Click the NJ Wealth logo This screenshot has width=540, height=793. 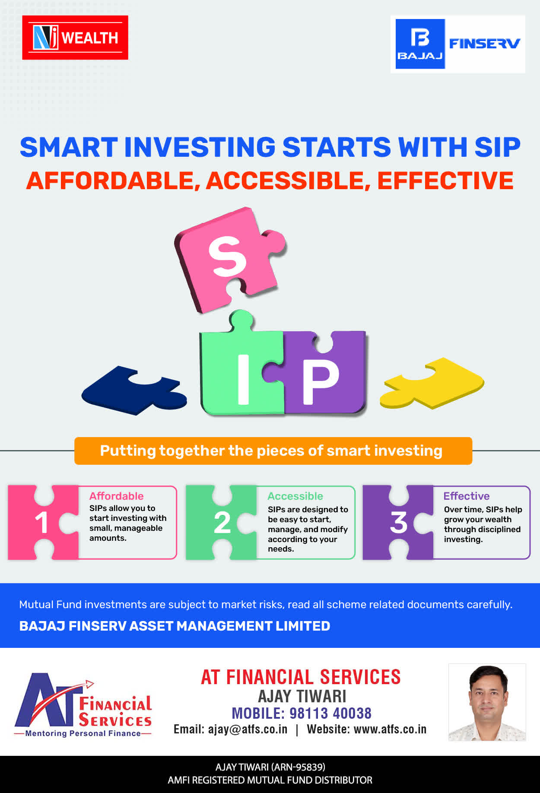pos(75,38)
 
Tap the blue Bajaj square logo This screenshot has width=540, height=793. pos(420,44)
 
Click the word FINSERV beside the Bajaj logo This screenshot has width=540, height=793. pos(484,43)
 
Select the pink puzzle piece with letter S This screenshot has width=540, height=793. pos(229,259)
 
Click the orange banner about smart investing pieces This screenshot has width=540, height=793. pos(273,451)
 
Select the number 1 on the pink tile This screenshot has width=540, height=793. pos(41,523)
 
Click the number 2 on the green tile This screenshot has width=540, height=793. pos(222,523)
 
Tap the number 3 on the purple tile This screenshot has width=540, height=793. pos(399,523)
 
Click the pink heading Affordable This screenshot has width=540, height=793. pos(116,496)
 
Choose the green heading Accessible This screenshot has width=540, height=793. pos(295,496)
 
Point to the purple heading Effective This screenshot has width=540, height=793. pos(467,496)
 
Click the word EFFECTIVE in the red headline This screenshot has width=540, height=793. pos(445,181)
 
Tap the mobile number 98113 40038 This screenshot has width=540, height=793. pos(330,713)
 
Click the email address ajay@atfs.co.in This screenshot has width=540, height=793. pos(248,729)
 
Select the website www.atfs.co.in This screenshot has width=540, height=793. pos(390,729)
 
